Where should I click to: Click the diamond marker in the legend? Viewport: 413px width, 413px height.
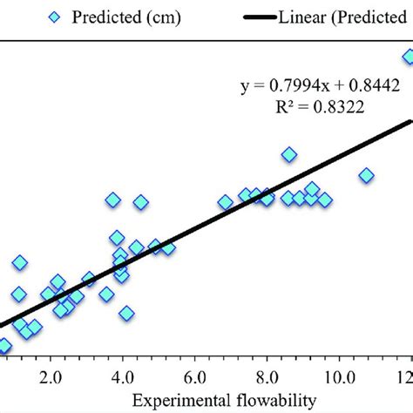[x=57, y=17]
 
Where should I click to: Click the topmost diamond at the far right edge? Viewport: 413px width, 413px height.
[x=408, y=58]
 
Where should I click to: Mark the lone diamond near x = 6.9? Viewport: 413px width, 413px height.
[x=226, y=202]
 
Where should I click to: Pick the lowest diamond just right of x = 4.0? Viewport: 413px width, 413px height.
[x=127, y=314]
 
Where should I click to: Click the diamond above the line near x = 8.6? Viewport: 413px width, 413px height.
[x=289, y=154]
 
